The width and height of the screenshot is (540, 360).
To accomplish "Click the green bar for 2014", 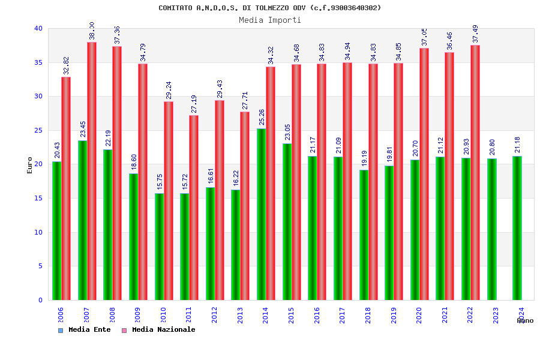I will point(261,214).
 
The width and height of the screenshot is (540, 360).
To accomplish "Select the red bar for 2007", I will point(92,171).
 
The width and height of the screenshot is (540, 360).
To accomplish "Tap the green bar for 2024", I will point(517,228).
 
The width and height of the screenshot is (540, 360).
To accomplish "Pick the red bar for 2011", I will point(194,208).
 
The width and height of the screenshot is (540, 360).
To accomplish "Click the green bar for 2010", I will point(159,247).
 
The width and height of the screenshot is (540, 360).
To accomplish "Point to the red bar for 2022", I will point(475,173).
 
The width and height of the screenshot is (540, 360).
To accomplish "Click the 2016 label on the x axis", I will point(317,315).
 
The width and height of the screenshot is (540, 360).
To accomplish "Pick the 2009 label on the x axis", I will point(137,315).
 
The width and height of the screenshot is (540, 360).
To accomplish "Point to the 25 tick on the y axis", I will point(38,130).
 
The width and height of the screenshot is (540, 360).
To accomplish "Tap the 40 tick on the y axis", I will point(38,28).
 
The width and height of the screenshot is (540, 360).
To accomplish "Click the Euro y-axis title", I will point(30,164).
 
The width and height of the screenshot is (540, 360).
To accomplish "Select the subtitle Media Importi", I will point(270,20).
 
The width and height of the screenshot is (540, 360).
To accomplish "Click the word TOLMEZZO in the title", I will point(272,8).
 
